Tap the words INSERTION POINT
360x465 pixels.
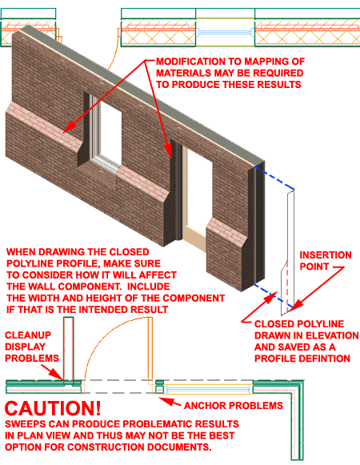point(325,260)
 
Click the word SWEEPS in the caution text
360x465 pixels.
point(26,423)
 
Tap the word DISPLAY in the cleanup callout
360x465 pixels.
point(26,346)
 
